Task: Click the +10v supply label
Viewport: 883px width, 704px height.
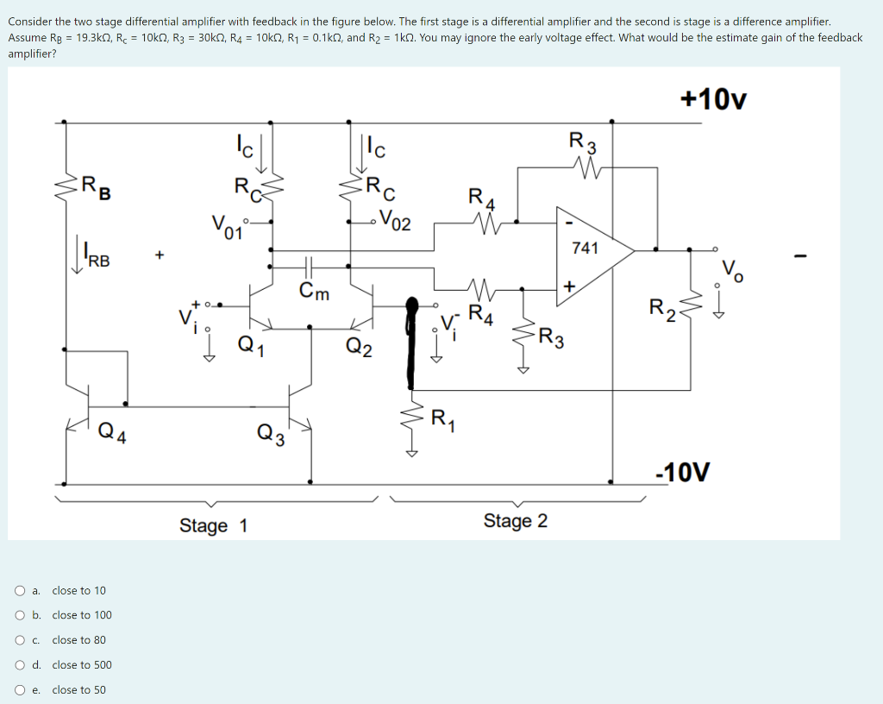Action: coord(713,99)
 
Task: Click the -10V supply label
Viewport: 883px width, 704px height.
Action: coord(683,472)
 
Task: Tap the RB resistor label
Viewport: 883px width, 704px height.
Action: coord(95,185)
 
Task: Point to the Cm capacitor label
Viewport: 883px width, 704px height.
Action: coord(314,292)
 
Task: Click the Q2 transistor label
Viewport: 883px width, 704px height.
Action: coord(359,347)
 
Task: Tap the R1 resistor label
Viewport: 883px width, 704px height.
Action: coord(441,420)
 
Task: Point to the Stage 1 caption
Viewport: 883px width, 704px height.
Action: coord(213,525)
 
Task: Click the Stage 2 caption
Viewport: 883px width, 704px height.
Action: coord(515,521)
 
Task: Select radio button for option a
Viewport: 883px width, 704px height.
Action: coord(19,591)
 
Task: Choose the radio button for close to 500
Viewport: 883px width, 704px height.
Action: coord(19,665)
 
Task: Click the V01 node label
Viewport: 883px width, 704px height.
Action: coord(227,227)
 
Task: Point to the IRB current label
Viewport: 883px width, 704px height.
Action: coord(97,259)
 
